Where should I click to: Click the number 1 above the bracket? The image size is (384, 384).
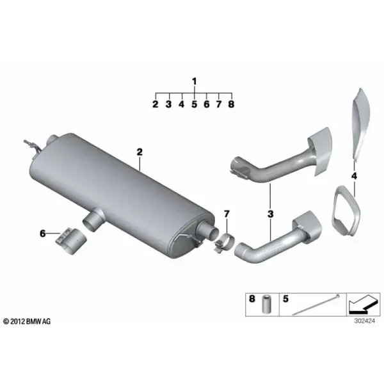(195, 81)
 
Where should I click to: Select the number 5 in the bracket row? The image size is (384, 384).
(194, 104)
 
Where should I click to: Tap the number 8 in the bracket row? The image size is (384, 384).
(231, 104)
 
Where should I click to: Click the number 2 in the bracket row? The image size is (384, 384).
(156, 104)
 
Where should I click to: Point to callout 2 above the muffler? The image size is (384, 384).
(140, 152)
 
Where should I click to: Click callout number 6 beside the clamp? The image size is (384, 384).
(43, 234)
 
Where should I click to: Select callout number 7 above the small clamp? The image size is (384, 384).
(227, 214)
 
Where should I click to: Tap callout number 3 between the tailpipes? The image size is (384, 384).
(270, 214)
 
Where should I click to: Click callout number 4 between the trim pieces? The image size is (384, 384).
(354, 176)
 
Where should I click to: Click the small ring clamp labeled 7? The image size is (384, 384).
(225, 242)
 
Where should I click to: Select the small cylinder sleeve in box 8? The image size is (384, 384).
(266, 304)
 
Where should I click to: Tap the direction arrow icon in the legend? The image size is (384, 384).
(364, 305)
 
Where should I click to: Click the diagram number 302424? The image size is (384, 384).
(364, 321)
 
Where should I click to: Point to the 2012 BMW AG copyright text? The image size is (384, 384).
(27, 321)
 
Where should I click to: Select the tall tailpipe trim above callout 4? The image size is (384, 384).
(361, 125)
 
